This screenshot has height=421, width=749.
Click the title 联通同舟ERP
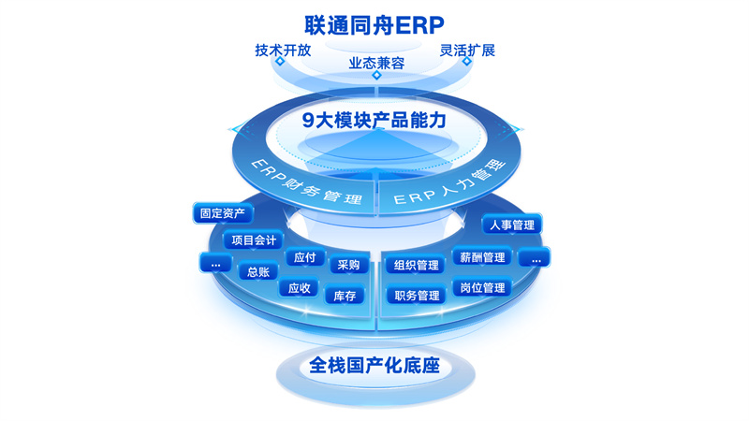[374, 25]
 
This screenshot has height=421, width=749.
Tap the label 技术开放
[283, 51]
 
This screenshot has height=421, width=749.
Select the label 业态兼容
[376, 63]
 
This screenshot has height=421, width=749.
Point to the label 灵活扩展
[467, 51]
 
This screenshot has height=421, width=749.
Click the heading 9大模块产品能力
[374, 121]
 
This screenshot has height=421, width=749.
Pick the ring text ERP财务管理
[307, 181]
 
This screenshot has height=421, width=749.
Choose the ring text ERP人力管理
[450, 181]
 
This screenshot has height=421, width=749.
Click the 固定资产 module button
[223, 213]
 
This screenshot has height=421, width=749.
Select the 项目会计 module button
[254, 240]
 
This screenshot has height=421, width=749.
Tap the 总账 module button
[258, 272]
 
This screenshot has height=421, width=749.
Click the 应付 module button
[305, 258]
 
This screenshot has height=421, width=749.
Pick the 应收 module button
[299, 288]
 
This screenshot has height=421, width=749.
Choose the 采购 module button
[348, 265]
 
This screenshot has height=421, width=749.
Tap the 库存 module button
[345, 296]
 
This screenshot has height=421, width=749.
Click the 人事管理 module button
[512, 225]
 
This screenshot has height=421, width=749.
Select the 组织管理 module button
[416, 266]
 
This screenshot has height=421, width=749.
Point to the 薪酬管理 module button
[482, 258]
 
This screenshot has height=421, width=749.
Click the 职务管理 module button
[417, 296]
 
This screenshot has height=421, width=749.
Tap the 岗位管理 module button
[482, 288]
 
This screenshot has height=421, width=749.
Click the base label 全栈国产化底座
[374, 366]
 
